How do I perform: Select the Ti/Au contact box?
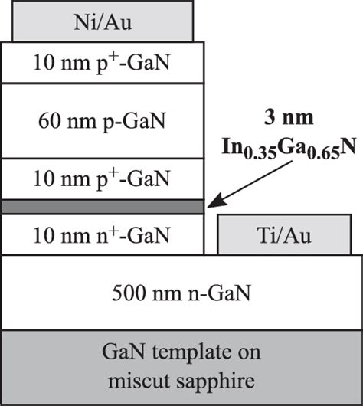pyautogui.click(x=289, y=235)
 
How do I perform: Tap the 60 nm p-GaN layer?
pyautogui.click(x=103, y=121)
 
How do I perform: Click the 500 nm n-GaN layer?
pyautogui.click(x=181, y=293)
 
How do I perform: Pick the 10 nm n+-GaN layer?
pyautogui.click(x=103, y=235)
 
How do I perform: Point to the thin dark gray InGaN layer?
pyautogui.click(x=103, y=207)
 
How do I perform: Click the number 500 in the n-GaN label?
pyautogui.click(x=127, y=293)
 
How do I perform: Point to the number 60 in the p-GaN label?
pyautogui.click(x=45, y=121)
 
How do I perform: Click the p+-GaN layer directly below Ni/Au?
pyautogui.click(x=103, y=63)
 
